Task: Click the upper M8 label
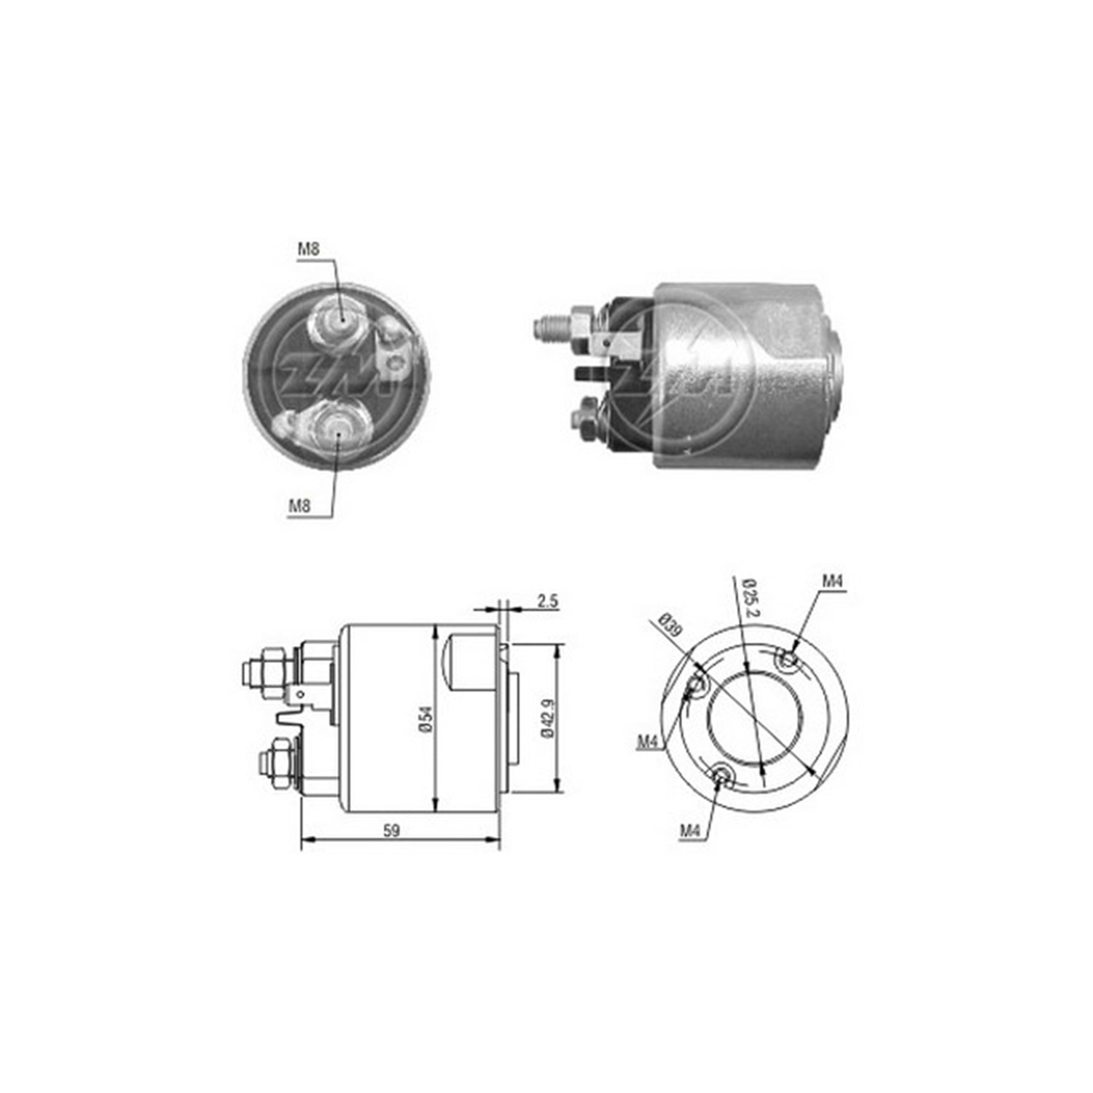[308, 249]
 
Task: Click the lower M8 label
[300, 505]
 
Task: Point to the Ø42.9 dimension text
[547, 718]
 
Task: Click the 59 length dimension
[391, 830]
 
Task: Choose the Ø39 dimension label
[668, 626]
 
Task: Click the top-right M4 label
[833, 581]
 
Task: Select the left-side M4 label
[648, 742]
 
